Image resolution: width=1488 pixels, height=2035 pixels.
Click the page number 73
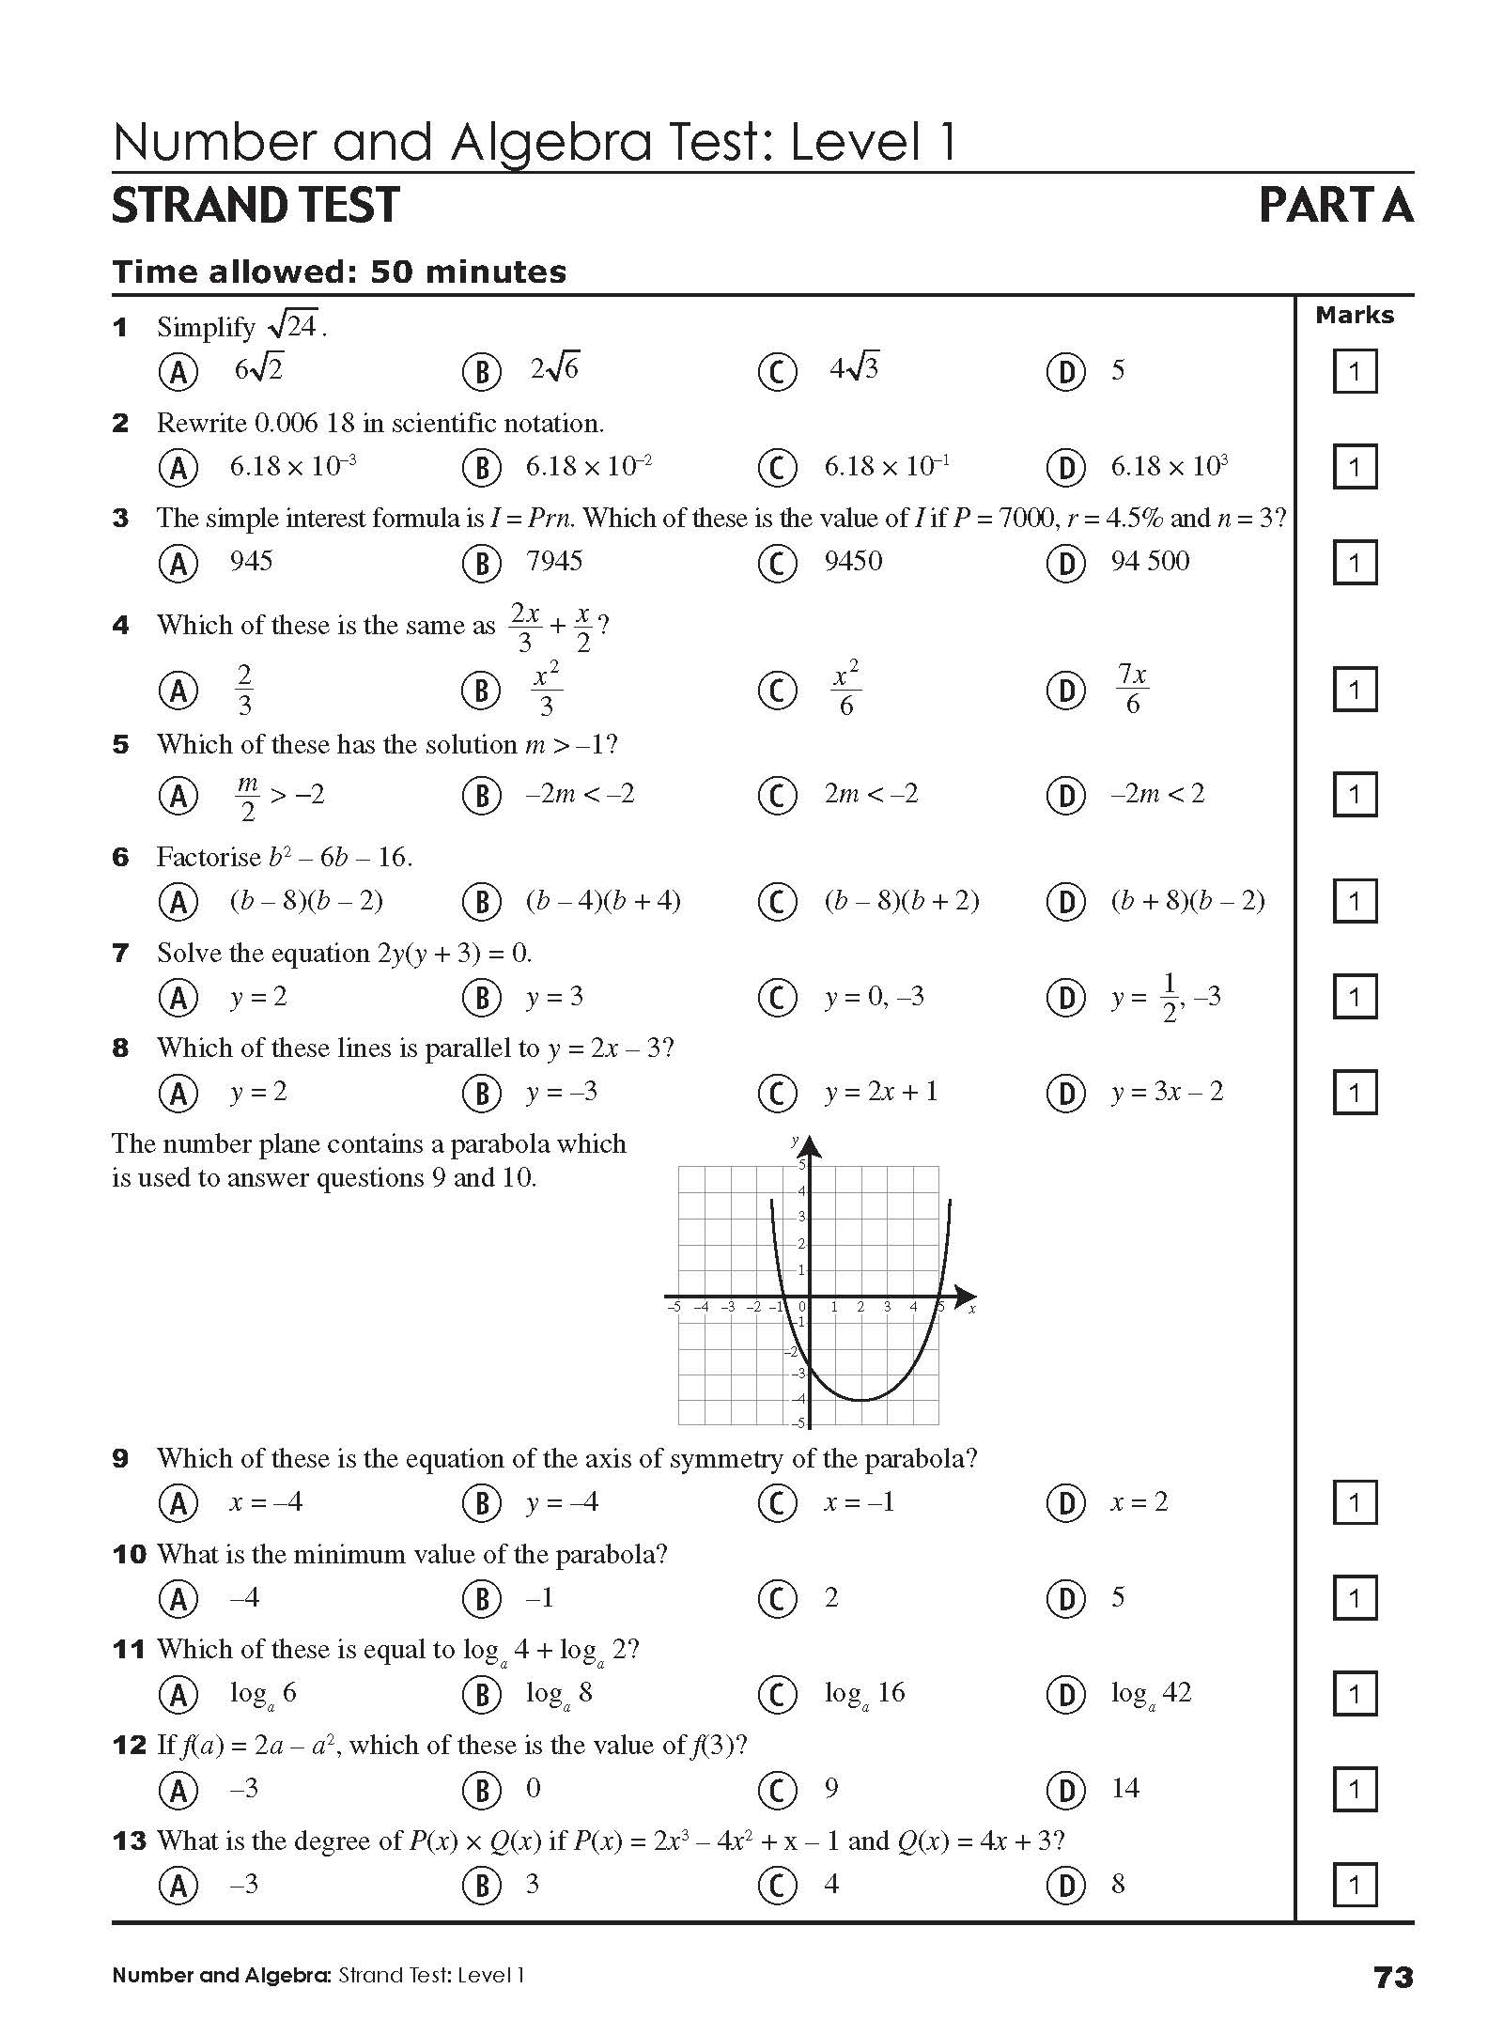point(1392,1977)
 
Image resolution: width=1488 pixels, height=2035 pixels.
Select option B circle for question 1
point(482,373)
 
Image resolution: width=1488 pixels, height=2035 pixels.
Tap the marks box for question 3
point(1354,563)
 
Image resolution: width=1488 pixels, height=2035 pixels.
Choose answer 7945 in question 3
point(554,562)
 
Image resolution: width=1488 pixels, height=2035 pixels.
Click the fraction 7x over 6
point(1132,690)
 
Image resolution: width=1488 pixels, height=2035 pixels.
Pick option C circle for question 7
point(777,998)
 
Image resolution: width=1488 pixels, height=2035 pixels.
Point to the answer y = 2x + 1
point(881,1092)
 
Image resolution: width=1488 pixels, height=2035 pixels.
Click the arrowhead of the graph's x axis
point(967,1297)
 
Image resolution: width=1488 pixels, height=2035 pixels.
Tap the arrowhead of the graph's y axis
point(810,1146)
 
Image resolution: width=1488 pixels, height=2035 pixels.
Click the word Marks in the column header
point(1354,316)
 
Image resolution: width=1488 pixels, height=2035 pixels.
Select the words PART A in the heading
point(1335,205)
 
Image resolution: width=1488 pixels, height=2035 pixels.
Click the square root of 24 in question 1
point(294,326)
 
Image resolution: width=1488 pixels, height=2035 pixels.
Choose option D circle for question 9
point(1066,1503)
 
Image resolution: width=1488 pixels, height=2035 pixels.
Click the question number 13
point(129,1841)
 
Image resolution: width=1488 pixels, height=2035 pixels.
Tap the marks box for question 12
point(1354,1790)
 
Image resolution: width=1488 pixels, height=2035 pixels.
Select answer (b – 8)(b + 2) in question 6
point(902,901)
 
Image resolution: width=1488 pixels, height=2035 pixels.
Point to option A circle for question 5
point(178,796)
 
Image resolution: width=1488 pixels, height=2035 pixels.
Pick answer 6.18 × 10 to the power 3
point(1170,467)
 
